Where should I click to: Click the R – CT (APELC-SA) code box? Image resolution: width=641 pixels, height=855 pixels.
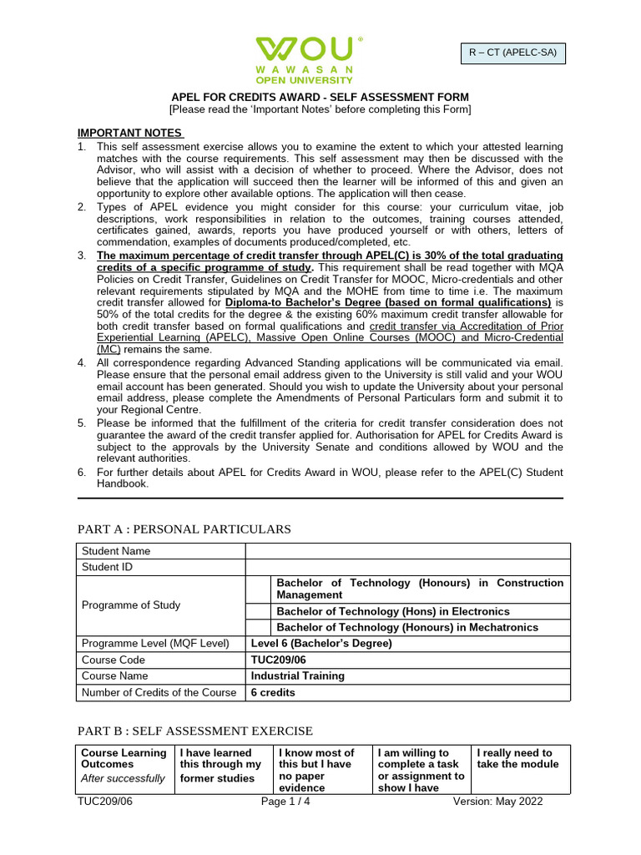coord(512,54)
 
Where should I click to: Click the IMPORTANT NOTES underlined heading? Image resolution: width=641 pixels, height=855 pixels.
coord(129,133)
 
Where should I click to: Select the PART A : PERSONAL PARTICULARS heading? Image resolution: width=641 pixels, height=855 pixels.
coord(184,529)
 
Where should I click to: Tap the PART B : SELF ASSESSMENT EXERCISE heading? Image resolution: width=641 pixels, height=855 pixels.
coord(195,731)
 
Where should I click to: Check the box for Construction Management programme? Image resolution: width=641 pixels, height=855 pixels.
coord(259,589)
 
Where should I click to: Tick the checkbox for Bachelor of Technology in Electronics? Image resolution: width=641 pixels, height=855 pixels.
coord(259,610)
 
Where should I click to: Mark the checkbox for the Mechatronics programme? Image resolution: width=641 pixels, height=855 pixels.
coord(259,627)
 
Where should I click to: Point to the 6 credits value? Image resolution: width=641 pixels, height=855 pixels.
coord(273,692)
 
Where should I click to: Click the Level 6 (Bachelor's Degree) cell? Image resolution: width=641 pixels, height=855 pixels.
coord(321,643)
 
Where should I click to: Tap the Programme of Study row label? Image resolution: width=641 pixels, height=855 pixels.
coord(129,605)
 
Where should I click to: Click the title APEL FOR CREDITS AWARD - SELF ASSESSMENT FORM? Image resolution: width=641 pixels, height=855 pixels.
coord(320,98)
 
